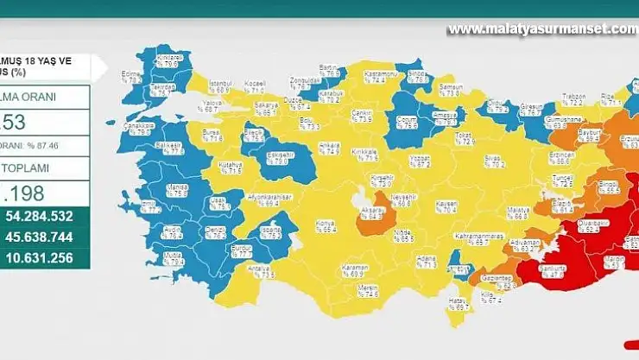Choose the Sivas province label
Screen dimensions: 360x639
click(493, 161)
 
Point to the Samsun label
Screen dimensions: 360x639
click(451, 89)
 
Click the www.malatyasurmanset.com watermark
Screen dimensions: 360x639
click(542, 28)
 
